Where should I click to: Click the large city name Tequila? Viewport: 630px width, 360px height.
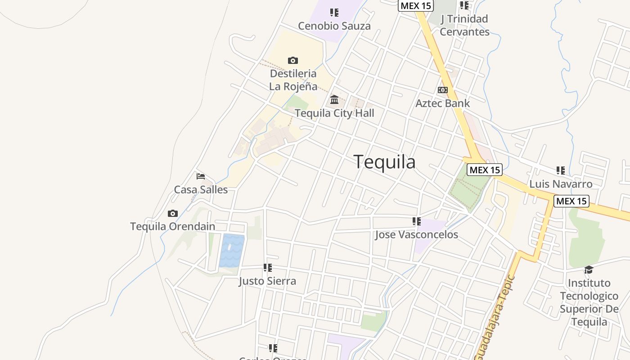(384, 162)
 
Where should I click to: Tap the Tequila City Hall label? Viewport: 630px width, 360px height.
(334, 113)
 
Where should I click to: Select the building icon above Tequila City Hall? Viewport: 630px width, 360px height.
(334, 99)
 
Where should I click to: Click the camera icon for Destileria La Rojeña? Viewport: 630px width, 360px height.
(293, 60)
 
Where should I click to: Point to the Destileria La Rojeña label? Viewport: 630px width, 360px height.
(293, 80)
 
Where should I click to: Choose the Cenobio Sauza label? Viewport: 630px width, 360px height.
(334, 26)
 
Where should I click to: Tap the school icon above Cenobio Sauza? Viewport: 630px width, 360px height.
(334, 13)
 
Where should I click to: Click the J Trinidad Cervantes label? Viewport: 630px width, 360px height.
(464, 25)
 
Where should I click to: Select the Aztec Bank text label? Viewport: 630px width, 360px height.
(442, 103)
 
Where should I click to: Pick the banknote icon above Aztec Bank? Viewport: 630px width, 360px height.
(443, 90)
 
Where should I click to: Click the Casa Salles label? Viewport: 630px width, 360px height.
(201, 189)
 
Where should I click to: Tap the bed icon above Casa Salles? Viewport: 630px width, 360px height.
(201, 176)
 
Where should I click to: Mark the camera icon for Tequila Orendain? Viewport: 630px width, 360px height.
(172, 213)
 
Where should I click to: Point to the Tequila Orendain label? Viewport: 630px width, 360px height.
(173, 226)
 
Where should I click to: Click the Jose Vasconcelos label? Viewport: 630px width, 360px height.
(416, 234)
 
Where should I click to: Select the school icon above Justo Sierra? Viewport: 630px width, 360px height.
(268, 268)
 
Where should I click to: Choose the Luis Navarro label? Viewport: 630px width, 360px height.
(561, 184)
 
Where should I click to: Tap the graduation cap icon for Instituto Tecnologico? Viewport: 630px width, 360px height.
(589, 270)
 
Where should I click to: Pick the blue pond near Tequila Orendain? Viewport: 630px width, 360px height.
(232, 250)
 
